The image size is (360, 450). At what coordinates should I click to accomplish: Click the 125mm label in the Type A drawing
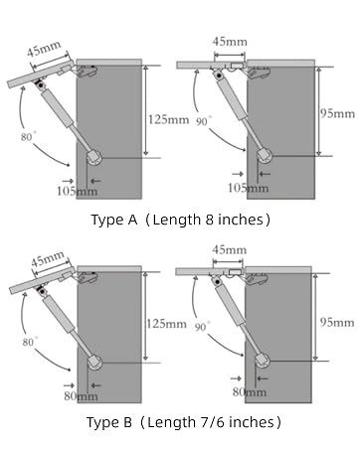pyautogui.click(x=168, y=119)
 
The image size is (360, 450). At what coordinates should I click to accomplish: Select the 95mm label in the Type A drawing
pyautogui.click(x=337, y=113)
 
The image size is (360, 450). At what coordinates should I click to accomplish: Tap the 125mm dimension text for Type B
pyautogui.click(x=166, y=324)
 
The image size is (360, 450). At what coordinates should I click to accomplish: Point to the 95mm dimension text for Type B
pyautogui.click(x=337, y=322)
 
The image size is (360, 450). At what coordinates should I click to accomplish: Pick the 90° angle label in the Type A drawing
pyautogui.click(x=203, y=121)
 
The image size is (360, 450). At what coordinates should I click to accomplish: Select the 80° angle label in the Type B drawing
pyautogui.click(x=30, y=342)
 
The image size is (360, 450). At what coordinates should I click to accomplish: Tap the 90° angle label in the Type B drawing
pyautogui.click(x=202, y=327)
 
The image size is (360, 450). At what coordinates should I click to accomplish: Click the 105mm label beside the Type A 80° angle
pyautogui.click(x=77, y=191)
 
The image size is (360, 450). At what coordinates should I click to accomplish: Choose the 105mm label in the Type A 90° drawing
pyautogui.click(x=248, y=188)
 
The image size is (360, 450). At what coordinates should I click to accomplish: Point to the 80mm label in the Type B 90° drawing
pyautogui.click(x=250, y=392)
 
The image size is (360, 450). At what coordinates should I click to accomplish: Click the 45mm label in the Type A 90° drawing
pyautogui.click(x=230, y=42)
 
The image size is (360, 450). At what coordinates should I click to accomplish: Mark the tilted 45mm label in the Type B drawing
pyautogui.click(x=48, y=259)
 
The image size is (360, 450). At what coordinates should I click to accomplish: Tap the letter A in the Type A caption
pyautogui.click(x=132, y=220)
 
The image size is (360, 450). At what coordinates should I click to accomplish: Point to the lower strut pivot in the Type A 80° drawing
pyautogui.click(x=94, y=157)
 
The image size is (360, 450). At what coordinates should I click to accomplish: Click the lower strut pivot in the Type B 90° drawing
pyautogui.click(x=263, y=360)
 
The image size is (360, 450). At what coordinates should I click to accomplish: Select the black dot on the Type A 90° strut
pyautogui.click(x=219, y=75)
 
